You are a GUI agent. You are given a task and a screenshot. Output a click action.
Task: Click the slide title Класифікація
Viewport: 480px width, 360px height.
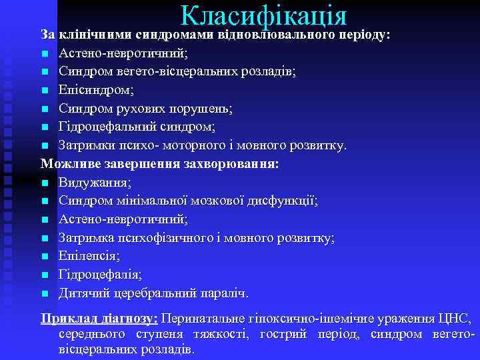tap(263, 16)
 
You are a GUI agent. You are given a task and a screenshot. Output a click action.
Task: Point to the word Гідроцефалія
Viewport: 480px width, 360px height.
tap(99, 274)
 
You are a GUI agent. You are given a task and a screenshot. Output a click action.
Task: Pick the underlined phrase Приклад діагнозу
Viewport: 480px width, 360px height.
tap(99, 319)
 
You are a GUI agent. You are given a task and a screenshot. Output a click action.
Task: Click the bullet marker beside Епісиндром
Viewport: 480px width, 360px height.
tap(45, 89)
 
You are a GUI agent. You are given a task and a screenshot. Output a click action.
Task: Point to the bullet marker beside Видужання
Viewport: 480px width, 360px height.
tap(45, 182)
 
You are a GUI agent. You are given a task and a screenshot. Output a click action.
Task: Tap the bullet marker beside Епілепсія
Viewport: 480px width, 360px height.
tap(45, 256)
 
